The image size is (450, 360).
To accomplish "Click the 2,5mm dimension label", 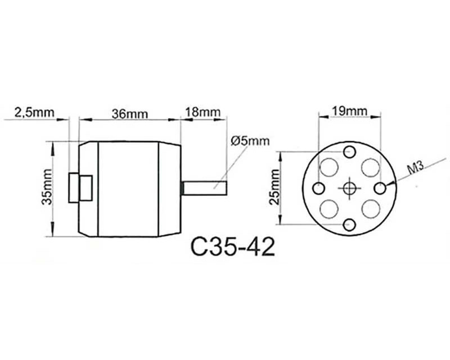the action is tap(34, 112).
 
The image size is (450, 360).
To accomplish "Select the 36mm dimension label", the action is tap(130, 114).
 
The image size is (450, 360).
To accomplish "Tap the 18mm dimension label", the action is tap(203, 112).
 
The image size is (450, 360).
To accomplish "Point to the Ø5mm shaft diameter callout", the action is tap(250, 141).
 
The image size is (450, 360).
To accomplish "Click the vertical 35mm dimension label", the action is tap(47, 187).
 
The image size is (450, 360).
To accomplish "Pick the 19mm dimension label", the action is tap(349, 111).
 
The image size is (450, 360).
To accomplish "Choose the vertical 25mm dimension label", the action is tap(274, 187).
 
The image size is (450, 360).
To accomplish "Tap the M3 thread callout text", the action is tap(416, 168).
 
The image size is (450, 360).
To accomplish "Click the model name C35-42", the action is tap(233, 247).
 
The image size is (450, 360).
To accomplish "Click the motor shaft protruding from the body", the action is tap(204, 188).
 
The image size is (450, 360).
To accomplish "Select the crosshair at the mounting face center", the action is tap(349, 188).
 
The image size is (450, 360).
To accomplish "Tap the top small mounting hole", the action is tap(349, 151).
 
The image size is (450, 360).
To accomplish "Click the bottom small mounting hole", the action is tap(349, 224).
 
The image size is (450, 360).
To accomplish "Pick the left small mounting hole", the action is tap(318, 188).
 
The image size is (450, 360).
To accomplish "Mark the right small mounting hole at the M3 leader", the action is tap(381, 188).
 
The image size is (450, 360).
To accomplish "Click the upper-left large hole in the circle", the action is tap(329, 167).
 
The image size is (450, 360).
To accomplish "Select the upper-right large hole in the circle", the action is tap(371, 167).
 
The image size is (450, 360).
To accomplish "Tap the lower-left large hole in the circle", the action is tap(329, 209).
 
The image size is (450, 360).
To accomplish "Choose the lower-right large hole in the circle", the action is tap(371, 209).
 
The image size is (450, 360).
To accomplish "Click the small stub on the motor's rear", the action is tap(80, 188).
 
